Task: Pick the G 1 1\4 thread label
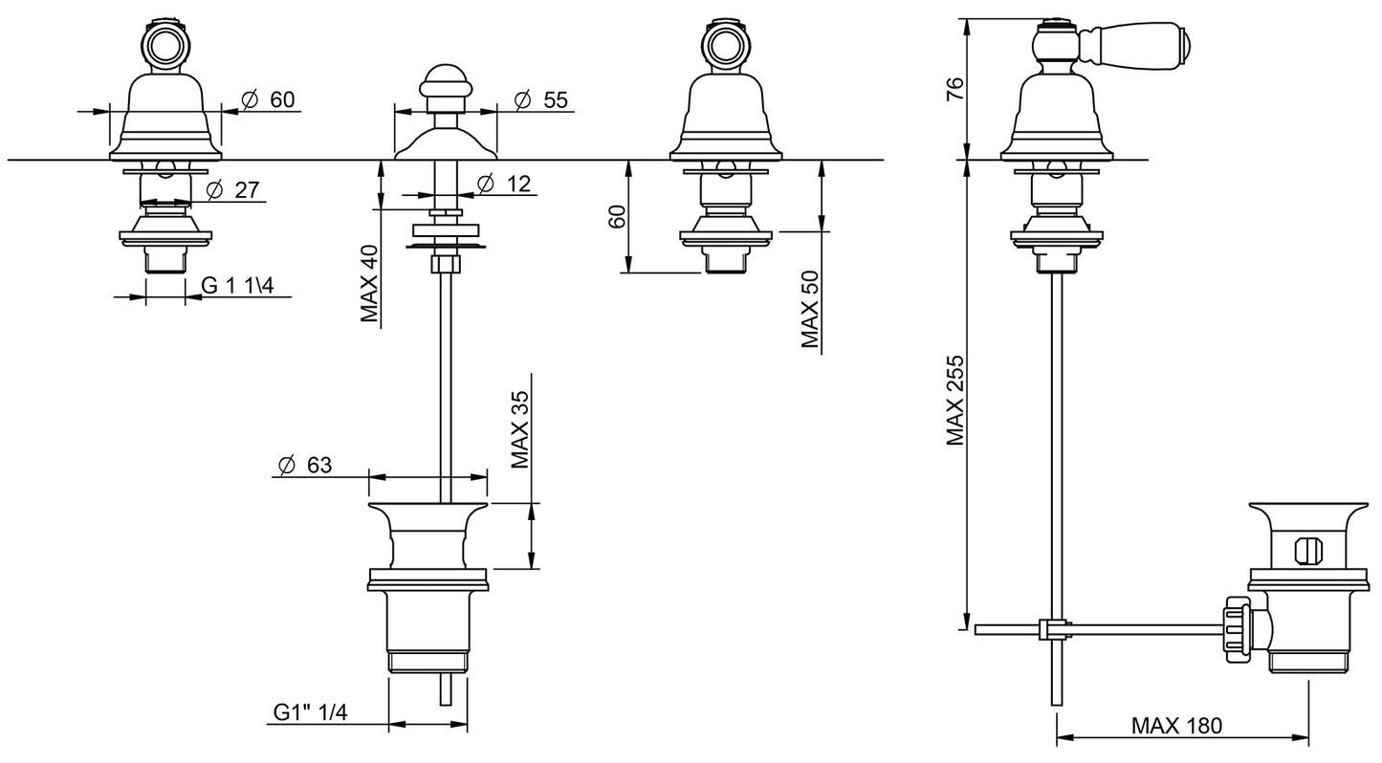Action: [237, 285]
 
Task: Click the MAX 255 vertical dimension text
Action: [954, 401]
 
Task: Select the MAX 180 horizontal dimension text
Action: [1176, 725]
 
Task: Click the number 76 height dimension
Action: [953, 89]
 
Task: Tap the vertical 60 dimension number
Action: [617, 216]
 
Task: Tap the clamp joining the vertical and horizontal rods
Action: [1052, 629]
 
